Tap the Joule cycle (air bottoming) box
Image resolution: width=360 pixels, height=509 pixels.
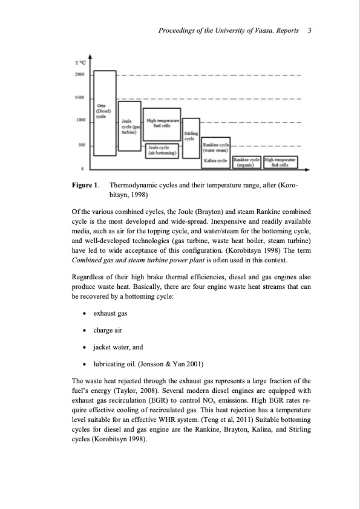point(162,150)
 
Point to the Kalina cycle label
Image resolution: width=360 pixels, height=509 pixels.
point(215,161)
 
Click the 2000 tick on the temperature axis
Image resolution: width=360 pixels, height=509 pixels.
point(79,74)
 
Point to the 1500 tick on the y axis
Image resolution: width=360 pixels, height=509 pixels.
point(79,97)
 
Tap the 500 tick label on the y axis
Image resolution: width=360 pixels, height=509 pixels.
point(80,144)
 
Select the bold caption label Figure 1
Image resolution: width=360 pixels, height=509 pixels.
point(85,186)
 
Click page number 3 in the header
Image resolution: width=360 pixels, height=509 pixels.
point(309,30)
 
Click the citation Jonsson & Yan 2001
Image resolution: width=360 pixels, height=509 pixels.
point(186,365)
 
